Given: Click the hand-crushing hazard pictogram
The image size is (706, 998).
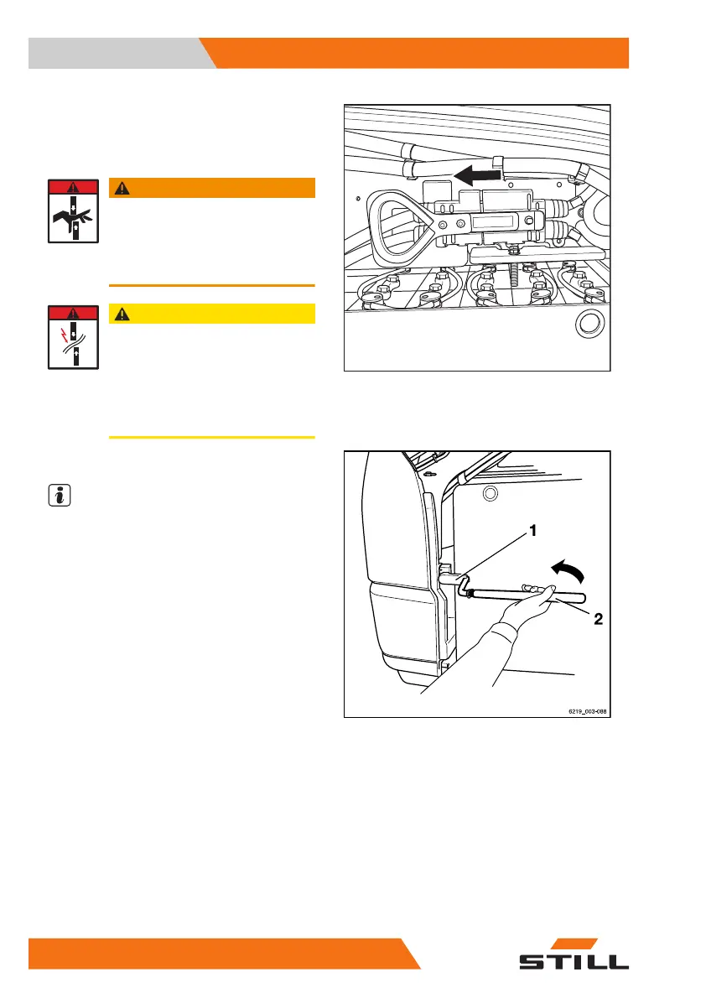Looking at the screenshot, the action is pos(72,211).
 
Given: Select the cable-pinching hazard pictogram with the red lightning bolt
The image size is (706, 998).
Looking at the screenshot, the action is pos(72,337).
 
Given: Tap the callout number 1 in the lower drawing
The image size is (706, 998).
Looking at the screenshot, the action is pos(531,531).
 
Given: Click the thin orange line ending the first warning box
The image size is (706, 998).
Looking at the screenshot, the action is pos(211,285).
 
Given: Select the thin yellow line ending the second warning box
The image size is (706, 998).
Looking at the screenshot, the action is pos(211,437).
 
